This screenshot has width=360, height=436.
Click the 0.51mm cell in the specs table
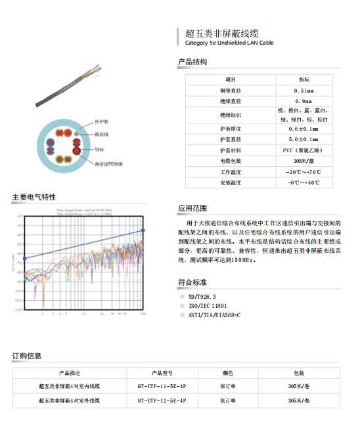tap(304, 91)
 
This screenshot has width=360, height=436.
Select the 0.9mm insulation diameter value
tap(304, 102)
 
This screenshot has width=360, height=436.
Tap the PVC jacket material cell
tap(304, 150)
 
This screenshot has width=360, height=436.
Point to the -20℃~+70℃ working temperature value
tap(304, 171)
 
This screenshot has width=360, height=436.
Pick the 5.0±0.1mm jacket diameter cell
tap(304, 139)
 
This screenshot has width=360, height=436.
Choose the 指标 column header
tap(304, 79)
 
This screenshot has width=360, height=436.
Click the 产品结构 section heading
tap(192, 62)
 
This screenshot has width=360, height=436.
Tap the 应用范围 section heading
tap(192, 208)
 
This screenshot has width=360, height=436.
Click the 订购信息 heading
tap(26, 356)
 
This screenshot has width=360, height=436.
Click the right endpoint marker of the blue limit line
tap(143, 230)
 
